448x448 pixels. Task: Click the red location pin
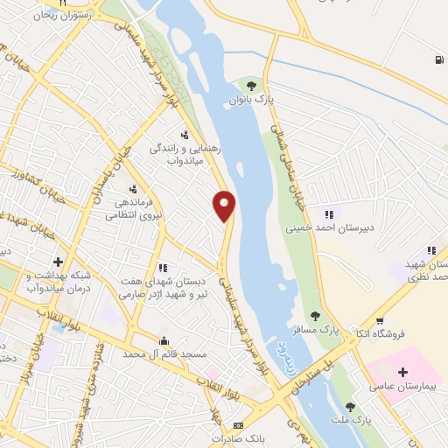[x=225, y=205]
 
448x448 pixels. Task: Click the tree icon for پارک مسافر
[x=315, y=317]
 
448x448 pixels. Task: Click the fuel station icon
[x=436, y=59]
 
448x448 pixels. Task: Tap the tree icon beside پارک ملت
[x=349, y=407]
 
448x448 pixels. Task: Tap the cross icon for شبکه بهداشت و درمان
[x=59, y=261]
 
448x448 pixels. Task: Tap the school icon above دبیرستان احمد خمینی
[x=329, y=213]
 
